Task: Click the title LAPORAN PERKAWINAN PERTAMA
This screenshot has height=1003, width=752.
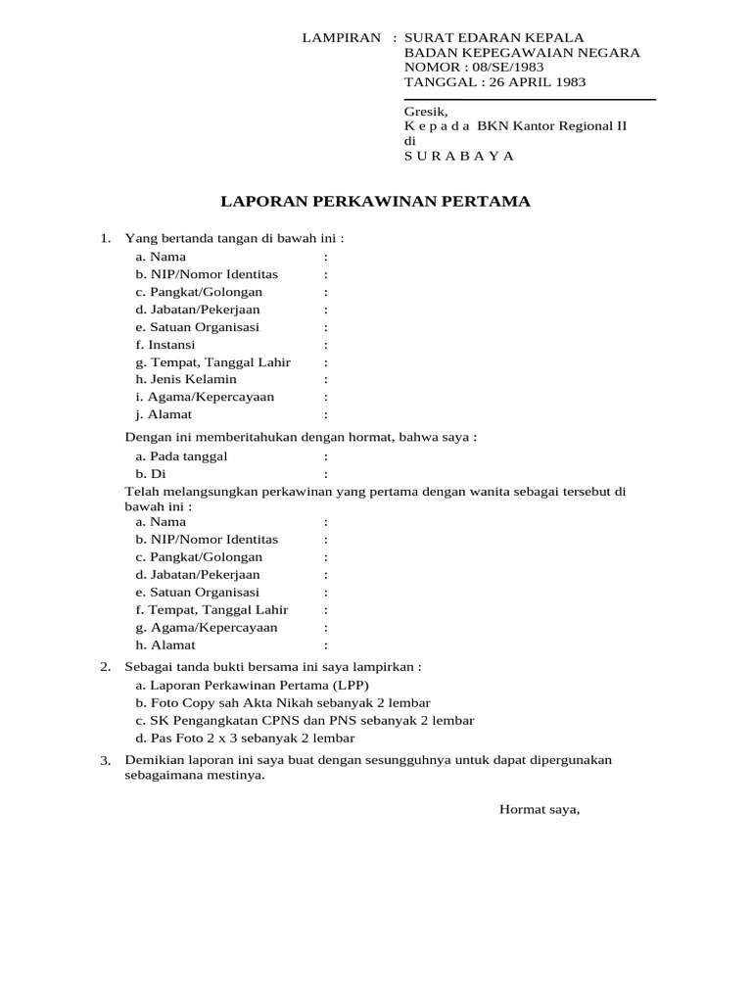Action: click(x=375, y=202)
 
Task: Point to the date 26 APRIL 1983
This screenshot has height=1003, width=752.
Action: click(x=535, y=82)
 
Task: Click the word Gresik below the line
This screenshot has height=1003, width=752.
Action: click(x=425, y=112)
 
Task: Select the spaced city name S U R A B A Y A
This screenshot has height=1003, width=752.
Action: click(x=458, y=156)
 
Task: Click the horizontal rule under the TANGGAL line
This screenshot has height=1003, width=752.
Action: click(x=530, y=99)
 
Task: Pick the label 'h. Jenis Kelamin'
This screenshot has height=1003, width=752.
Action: click(x=186, y=379)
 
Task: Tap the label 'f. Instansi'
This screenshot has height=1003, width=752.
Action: click(x=165, y=345)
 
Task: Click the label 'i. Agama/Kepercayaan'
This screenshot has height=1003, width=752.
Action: click(x=205, y=397)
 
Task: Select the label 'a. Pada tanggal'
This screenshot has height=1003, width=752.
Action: click(x=181, y=456)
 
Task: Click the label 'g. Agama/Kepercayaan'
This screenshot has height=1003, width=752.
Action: click(x=207, y=627)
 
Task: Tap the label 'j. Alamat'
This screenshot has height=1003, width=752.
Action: click(x=164, y=414)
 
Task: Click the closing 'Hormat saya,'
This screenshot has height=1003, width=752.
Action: click(x=540, y=809)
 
